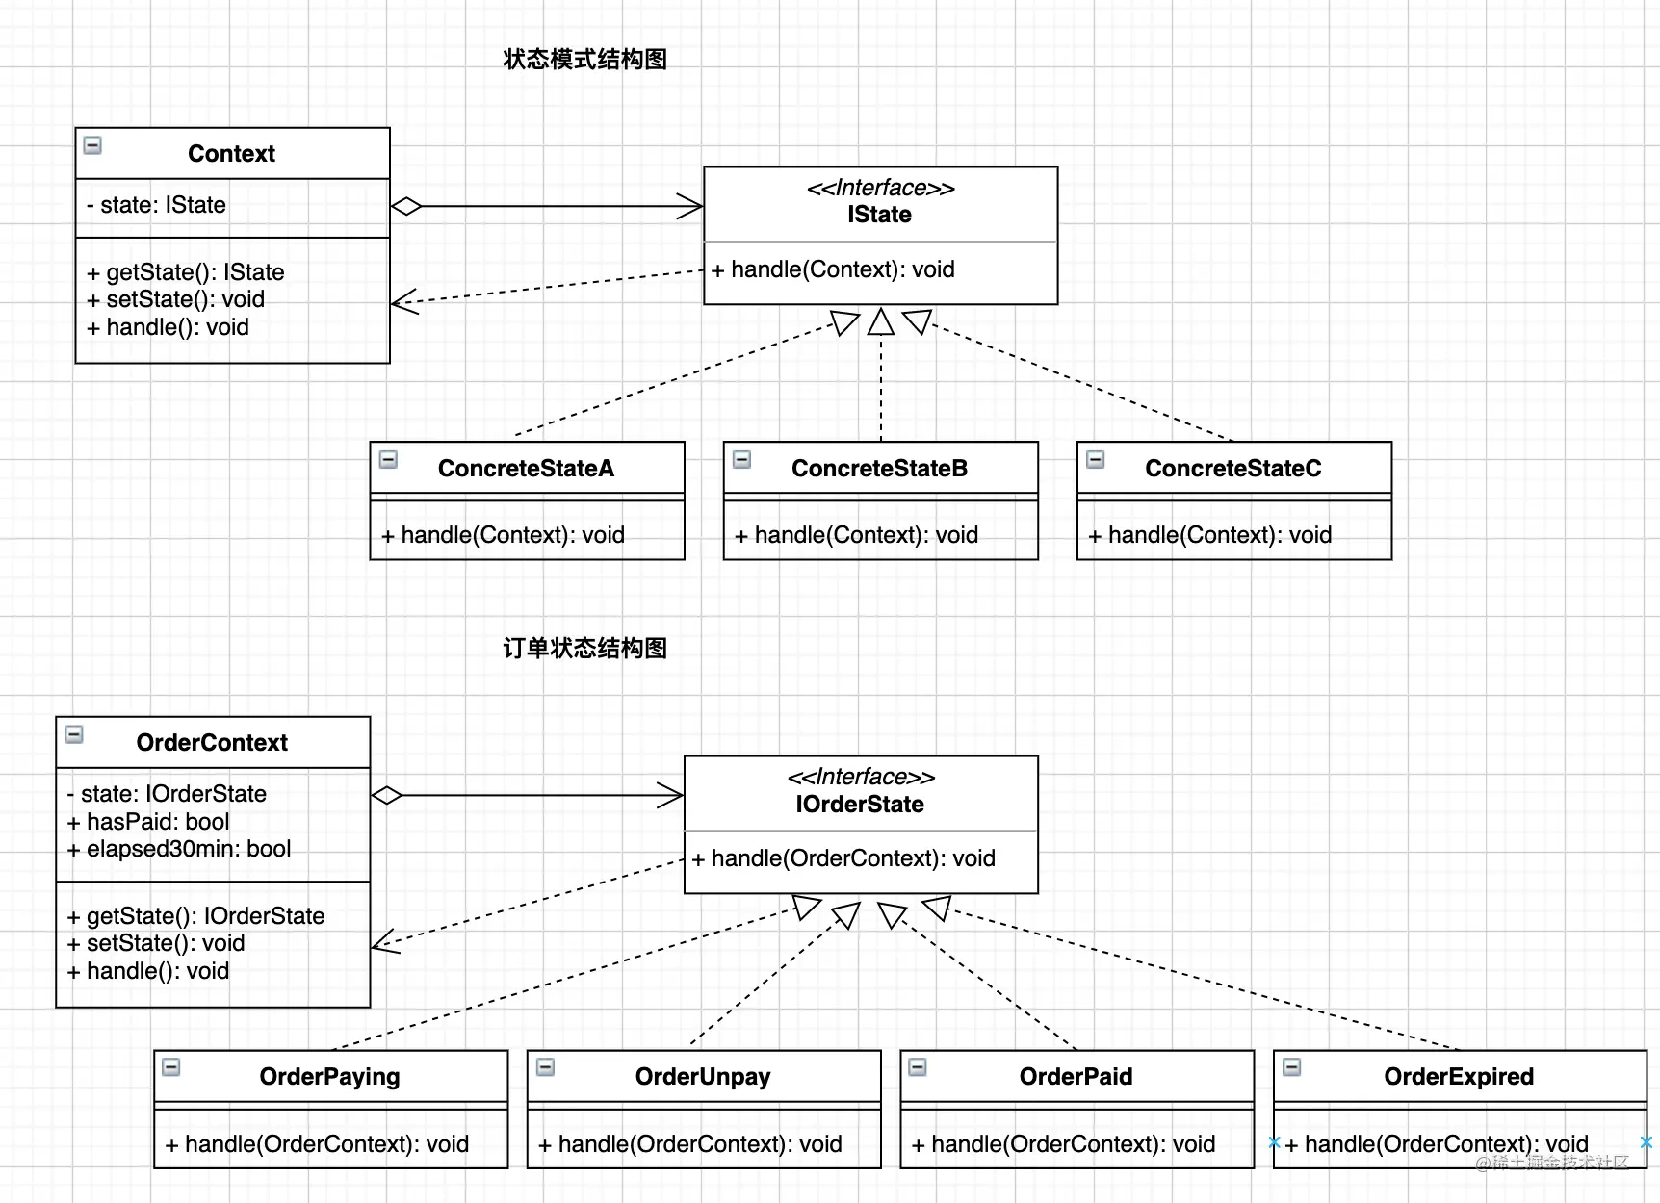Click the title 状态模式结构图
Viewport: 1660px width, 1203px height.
584,60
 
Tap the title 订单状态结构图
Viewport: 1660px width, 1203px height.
584,649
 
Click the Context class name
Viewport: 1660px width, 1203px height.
231,154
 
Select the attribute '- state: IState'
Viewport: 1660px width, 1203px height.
156,205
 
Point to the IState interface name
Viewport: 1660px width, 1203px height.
879,215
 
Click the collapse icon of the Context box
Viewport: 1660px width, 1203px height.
93,146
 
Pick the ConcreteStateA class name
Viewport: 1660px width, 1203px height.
526,469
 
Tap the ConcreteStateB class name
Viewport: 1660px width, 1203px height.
879,469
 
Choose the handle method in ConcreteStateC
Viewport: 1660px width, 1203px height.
1209,535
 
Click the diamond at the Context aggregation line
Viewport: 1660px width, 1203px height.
406,206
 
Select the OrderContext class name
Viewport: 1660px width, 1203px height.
212,743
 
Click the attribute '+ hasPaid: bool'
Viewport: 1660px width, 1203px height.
148,822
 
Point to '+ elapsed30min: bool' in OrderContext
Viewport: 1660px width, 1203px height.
179,849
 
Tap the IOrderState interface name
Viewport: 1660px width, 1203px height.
860,805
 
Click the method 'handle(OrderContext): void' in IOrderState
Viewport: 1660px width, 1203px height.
843,858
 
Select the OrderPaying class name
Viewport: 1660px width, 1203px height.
329,1077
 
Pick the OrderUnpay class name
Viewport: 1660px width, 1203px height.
703,1077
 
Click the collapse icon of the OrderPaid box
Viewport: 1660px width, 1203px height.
919,1067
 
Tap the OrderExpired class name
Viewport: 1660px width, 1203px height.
1459,1077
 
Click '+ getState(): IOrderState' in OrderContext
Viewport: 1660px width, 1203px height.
195,916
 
